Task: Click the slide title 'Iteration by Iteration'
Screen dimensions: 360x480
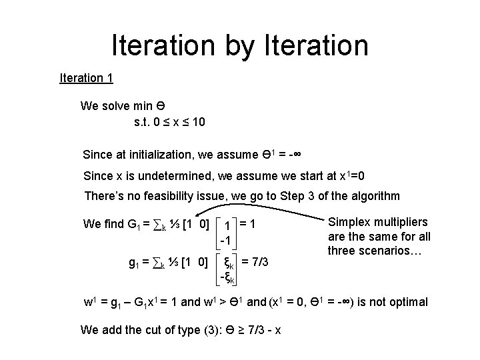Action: point(240,45)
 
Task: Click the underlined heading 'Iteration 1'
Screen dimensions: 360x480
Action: point(86,78)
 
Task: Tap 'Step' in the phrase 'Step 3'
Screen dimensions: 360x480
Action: point(295,196)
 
